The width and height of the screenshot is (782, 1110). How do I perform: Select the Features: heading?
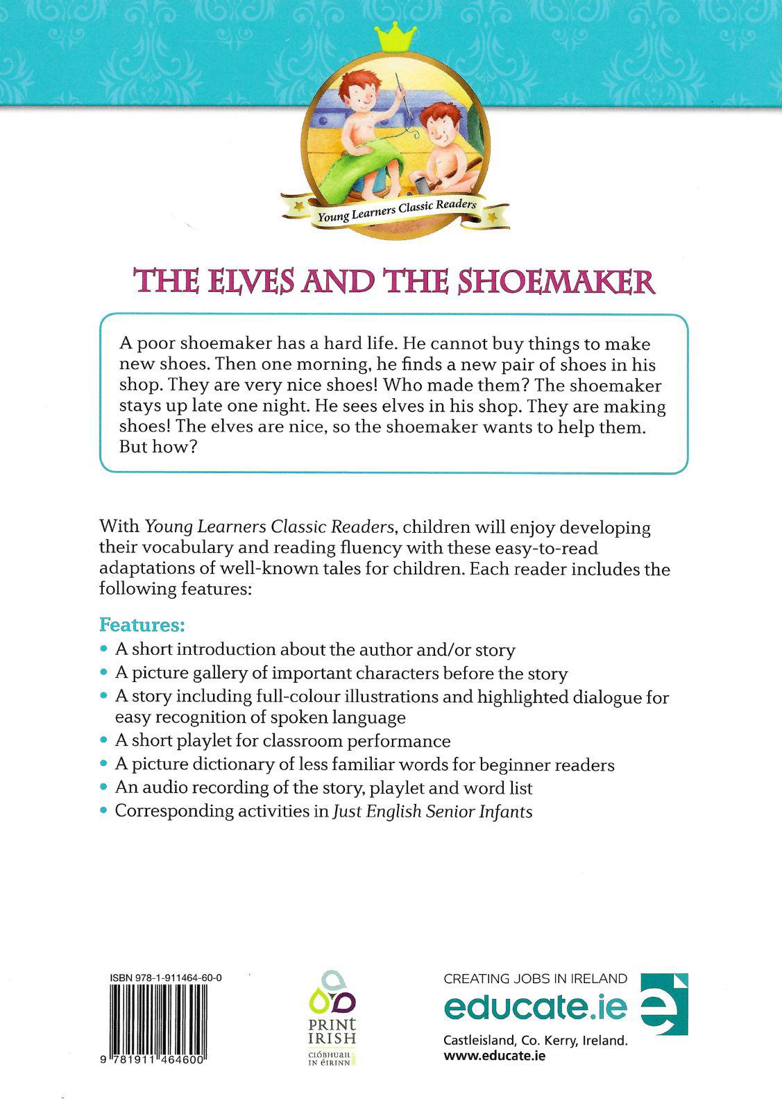coord(142,624)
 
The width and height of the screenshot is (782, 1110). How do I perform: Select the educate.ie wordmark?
coord(535,1007)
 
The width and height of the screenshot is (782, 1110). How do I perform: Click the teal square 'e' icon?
coord(663,1004)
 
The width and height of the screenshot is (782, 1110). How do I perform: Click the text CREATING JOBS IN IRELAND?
coord(535,979)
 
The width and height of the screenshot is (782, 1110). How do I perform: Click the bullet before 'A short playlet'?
coord(104,741)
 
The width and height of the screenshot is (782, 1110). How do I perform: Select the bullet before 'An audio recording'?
coord(104,787)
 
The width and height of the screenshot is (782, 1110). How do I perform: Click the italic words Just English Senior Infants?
coord(433,811)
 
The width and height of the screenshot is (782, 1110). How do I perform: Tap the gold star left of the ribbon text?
coord(299,206)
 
